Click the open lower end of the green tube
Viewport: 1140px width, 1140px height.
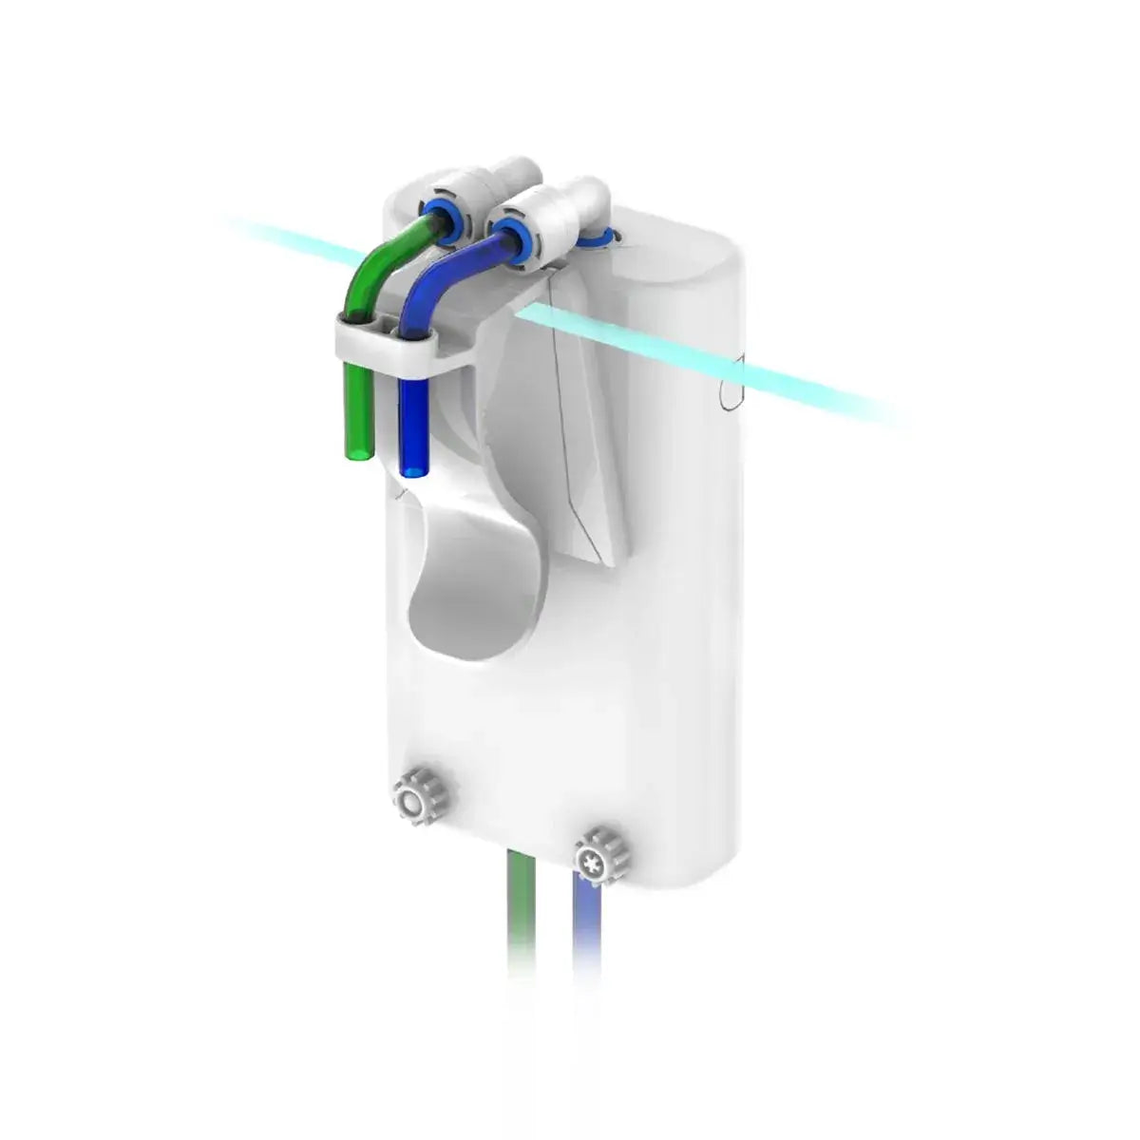357,452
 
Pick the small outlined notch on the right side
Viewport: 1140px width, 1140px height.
729,389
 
